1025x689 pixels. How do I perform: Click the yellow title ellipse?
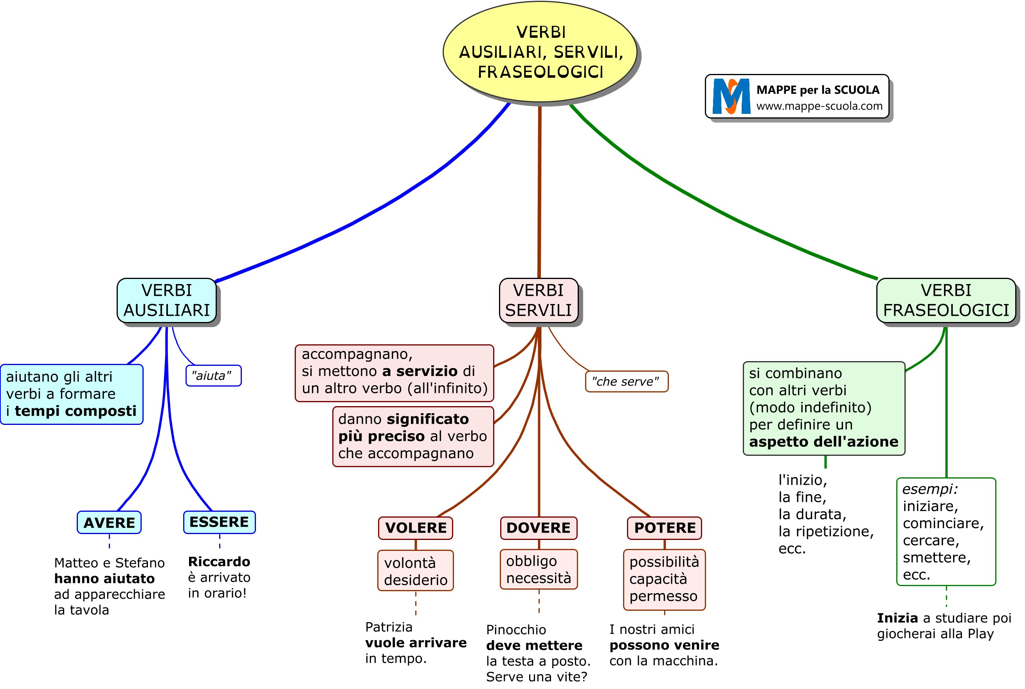point(540,52)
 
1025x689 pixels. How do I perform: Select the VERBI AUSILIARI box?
point(167,300)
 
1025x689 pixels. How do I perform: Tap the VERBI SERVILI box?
point(538,300)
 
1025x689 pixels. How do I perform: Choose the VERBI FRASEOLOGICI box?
point(946,300)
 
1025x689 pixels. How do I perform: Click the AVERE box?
point(109,522)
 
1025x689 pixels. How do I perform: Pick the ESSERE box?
point(219,522)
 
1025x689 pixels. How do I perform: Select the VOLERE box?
point(415,527)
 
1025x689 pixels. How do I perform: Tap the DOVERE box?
point(538,527)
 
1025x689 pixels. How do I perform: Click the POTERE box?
point(664,527)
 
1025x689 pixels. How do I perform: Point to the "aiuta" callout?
point(213,376)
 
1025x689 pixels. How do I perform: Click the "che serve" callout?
point(626,381)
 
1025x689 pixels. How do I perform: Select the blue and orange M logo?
point(731,97)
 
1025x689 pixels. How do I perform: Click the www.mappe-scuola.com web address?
point(819,106)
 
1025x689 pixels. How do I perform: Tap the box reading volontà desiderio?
point(415,571)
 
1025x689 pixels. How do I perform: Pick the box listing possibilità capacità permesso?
point(664,579)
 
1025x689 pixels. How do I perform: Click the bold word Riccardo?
point(219,561)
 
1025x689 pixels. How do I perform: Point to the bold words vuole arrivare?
point(415,643)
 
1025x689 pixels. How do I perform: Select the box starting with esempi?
point(946,532)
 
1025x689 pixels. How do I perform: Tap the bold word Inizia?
point(897,618)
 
